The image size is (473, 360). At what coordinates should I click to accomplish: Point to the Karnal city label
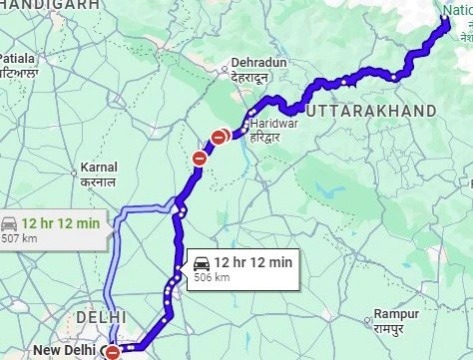point(99,168)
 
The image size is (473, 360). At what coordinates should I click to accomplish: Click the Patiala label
point(19,58)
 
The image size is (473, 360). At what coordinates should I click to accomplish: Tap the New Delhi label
point(63,351)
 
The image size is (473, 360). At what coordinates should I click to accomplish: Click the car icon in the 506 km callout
point(201,263)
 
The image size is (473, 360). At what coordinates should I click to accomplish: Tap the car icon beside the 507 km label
point(8,223)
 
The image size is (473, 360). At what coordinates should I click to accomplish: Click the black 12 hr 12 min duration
point(253,262)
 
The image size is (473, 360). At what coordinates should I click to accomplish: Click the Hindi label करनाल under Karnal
point(98,181)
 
